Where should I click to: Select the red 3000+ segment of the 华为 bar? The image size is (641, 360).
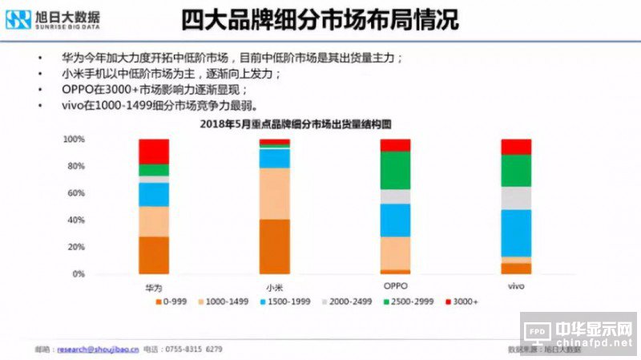coord(153,151)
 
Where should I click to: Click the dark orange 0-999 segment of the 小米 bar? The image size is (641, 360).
coord(274,246)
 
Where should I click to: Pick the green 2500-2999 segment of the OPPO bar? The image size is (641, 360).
coord(395,170)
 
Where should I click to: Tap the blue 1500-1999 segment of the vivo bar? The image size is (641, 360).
coord(516,233)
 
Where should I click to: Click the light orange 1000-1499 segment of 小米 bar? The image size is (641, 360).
coord(274,193)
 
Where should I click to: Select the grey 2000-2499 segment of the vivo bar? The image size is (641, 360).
coord(516,198)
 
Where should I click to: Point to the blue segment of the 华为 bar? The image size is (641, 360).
coord(153,194)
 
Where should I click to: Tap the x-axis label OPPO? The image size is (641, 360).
coord(395,286)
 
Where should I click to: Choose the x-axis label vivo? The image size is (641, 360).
coord(516,286)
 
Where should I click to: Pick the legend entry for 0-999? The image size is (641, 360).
coord(171,303)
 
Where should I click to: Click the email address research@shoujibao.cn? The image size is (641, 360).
coord(99,350)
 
